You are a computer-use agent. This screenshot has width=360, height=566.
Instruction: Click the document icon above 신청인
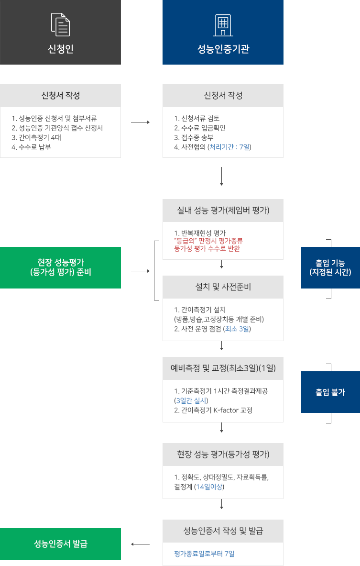pos(60,25)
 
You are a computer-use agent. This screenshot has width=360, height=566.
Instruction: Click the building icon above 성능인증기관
pos(223,25)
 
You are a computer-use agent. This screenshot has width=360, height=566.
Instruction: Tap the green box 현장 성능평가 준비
pos(61,267)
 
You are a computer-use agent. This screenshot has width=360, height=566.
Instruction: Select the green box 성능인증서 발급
pos(61,544)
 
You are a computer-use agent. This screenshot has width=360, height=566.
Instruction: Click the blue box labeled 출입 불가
pos(330,392)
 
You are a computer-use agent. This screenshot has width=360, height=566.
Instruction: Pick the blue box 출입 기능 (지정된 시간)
pos(330,267)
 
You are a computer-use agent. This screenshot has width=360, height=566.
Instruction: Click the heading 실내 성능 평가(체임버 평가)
pos(223,211)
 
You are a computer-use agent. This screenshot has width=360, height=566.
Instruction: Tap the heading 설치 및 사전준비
pos(223,287)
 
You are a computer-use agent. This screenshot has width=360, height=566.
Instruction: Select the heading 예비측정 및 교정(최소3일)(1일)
pos(223,368)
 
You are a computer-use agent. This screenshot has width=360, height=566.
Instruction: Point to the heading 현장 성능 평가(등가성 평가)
pos(223,455)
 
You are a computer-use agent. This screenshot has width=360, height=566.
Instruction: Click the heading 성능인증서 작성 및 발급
pos(223,531)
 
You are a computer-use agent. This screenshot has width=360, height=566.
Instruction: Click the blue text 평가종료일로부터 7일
pos(205,554)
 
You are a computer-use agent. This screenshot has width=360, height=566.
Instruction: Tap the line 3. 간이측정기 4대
pos(36,137)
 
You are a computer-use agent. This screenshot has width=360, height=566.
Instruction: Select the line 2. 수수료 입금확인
pos(200,128)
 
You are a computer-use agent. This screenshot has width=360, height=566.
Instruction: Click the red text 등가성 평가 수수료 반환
pos(207,248)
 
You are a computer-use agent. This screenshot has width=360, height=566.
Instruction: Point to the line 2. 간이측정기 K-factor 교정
pos(213,410)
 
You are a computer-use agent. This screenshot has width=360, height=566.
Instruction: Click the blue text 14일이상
pos(210,487)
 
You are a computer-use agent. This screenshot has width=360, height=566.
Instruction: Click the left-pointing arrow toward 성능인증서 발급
pos(140,544)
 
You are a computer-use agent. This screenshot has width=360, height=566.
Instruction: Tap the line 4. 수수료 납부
pos(32,147)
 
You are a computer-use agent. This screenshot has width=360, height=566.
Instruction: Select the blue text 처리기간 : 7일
pos(229,147)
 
